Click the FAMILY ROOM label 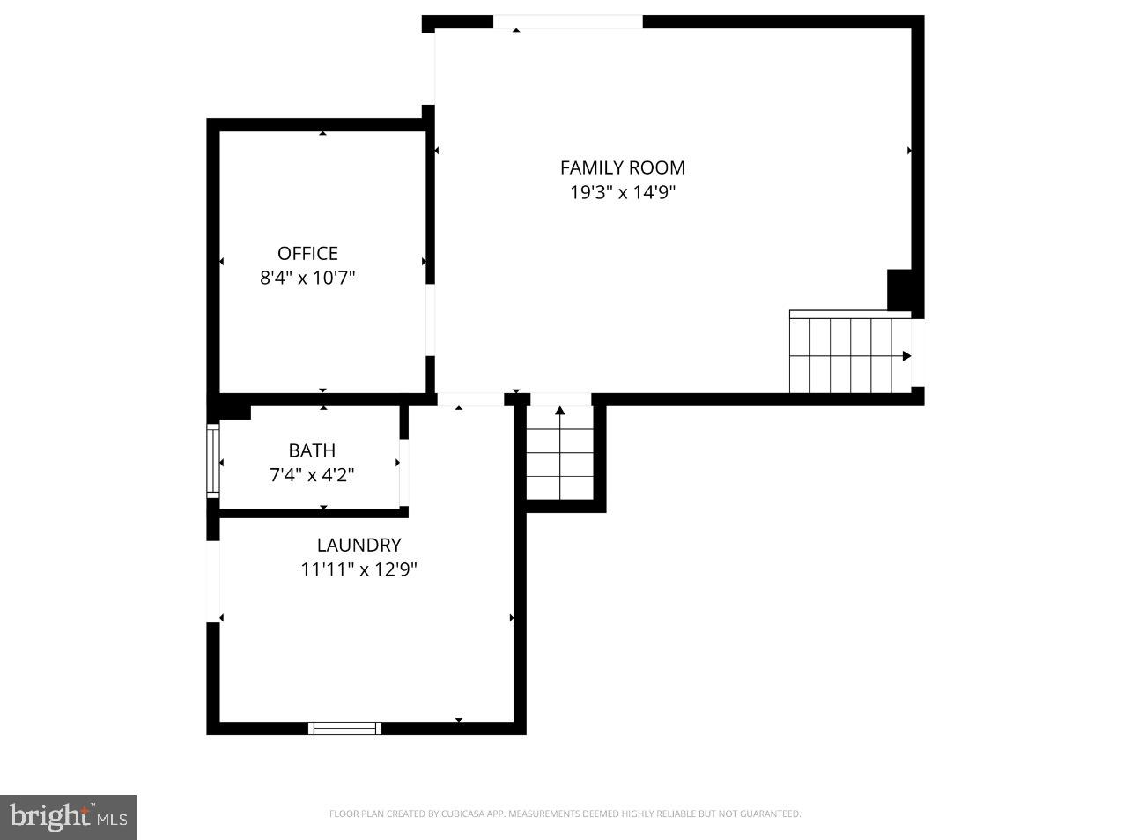click(x=622, y=167)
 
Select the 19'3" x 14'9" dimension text click(x=622, y=192)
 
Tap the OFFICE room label click(x=307, y=254)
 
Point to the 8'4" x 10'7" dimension click(x=307, y=279)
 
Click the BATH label click(x=312, y=450)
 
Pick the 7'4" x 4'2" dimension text click(x=312, y=475)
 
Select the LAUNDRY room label click(x=359, y=545)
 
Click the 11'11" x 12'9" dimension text click(x=359, y=569)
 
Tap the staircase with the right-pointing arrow click(x=849, y=355)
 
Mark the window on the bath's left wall click(x=212, y=461)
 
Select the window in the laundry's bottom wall click(x=344, y=728)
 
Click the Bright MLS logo click(x=69, y=817)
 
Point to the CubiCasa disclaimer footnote click(x=565, y=814)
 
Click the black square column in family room click(x=898, y=290)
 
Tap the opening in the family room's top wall click(x=567, y=22)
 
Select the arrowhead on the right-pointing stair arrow click(x=906, y=356)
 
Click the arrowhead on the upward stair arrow click(x=559, y=411)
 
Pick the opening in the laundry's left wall click(x=212, y=581)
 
